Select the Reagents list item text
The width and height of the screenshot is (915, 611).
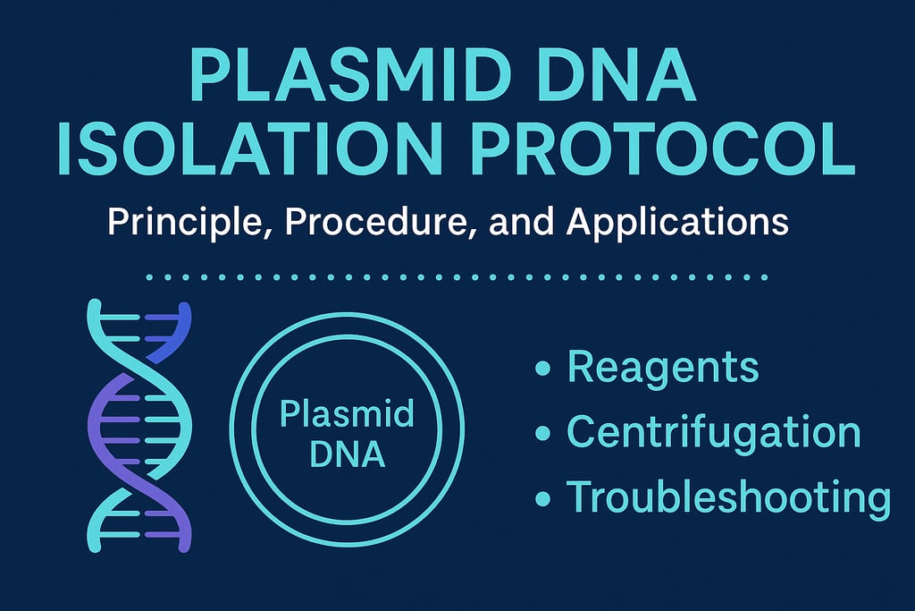[x=663, y=368]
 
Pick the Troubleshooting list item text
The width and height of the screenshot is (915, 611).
[x=729, y=498]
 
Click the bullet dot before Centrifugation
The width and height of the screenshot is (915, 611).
[x=541, y=434]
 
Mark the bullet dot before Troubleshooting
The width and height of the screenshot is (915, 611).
[x=541, y=498]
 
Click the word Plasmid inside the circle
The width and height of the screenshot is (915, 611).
[x=347, y=415]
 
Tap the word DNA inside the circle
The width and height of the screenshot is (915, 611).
[x=347, y=454]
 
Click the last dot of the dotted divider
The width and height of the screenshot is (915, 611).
[x=765, y=277]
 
